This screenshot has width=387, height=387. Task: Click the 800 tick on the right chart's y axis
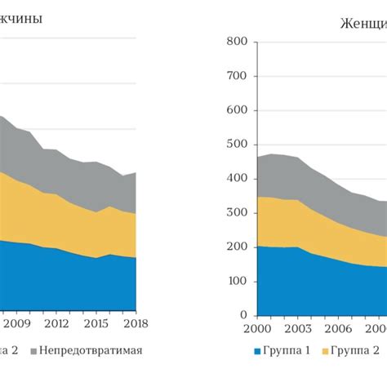click(x=236, y=42)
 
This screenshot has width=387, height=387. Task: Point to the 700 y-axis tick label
click(x=236, y=76)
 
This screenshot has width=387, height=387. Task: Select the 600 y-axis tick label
click(x=236, y=110)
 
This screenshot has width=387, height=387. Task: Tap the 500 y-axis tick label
click(x=236, y=145)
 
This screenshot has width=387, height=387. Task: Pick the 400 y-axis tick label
click(x=236, y=179)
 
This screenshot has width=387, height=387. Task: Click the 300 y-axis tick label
click(x=236, y=213)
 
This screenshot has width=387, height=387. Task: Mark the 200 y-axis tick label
click(x=236, y=247)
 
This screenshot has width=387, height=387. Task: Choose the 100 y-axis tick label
click(x=236, y=281)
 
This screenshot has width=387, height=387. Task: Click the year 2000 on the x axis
click(x=257, y=328)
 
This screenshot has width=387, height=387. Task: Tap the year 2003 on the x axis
click(x=298, y=328)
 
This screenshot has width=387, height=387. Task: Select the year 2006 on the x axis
click(x=339, y=328)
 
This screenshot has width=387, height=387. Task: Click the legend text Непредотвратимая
click(x=91, y=351)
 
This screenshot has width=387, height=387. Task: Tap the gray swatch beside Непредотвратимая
click(x=33, y=352)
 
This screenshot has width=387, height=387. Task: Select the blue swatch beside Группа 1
click(x=257, y=352)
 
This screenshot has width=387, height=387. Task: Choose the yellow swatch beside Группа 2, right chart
click(x=326, y=352)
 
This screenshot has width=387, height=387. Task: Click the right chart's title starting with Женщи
click(x=363, y=22)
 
